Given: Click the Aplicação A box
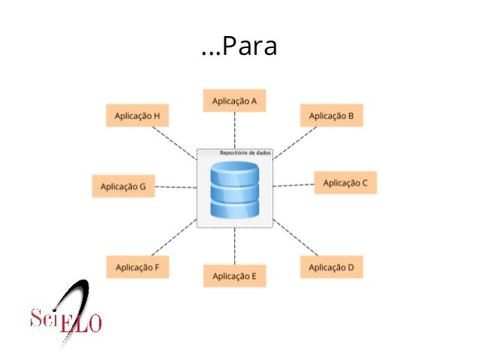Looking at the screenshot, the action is (234, 101).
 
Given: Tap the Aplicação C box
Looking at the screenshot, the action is (345, 183).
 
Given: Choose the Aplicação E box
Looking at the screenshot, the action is (234, 276).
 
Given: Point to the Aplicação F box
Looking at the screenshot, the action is (137, 267).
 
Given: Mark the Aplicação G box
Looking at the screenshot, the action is (123, 186).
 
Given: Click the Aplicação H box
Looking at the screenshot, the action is (137, 116).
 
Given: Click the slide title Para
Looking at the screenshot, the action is (239, 47).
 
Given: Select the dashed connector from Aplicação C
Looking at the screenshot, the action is (293, 184).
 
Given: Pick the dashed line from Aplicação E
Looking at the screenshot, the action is (234, 246).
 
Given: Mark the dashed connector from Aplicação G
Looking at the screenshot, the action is (176, 187).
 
